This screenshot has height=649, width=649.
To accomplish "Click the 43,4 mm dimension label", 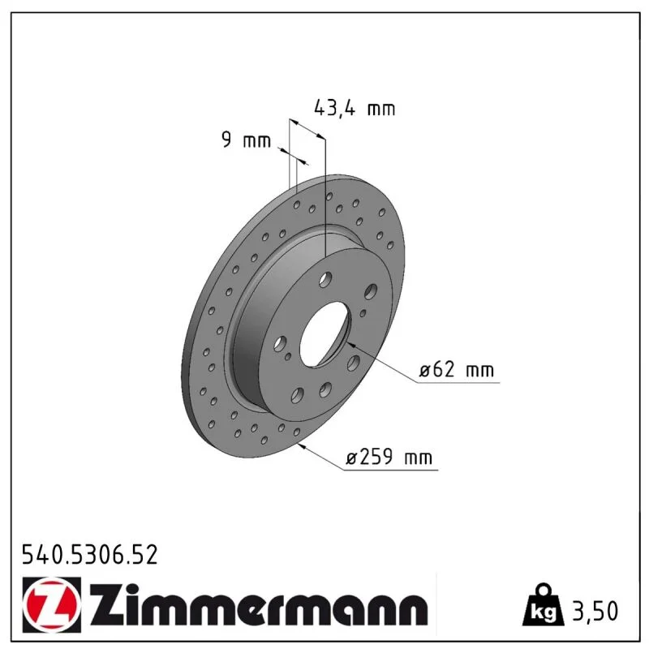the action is [355, 109].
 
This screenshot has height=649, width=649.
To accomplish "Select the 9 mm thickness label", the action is [247, 140].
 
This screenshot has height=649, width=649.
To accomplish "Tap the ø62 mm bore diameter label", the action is [457, 369].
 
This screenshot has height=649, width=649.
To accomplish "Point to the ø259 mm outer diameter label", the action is [389, 457].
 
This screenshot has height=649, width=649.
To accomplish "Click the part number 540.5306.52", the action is [90, 555].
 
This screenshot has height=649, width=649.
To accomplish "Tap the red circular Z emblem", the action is [52, 604].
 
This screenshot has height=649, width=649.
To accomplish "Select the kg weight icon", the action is [544, 604].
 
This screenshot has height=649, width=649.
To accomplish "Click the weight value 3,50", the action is [595, 611].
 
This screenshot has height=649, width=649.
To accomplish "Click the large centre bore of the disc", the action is [325, 333].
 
